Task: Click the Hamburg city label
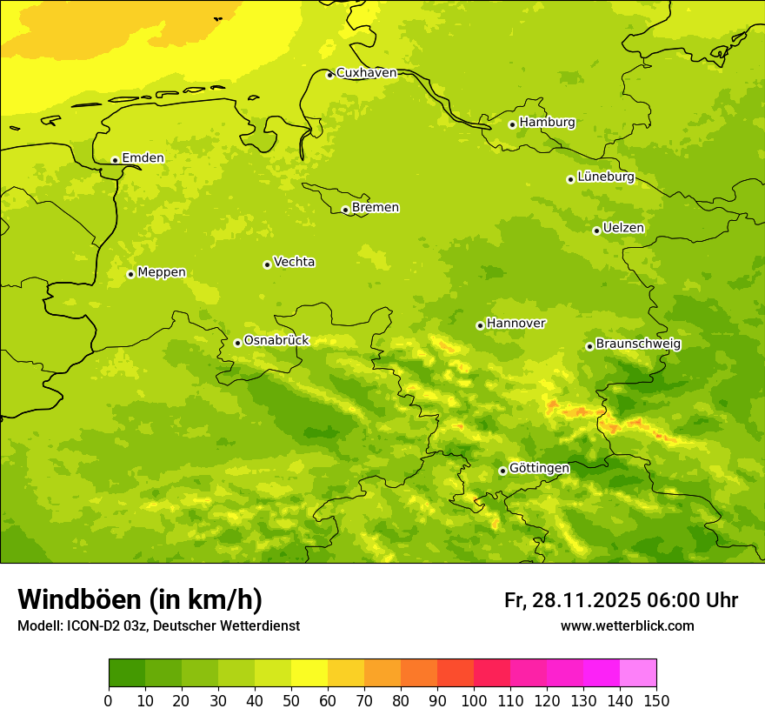point(547,123)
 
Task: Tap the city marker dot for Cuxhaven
point(329,75)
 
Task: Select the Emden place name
point(143,158)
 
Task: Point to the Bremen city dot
point(345,210)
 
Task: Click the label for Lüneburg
point(605,177)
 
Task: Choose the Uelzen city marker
point(596,231)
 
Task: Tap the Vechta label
point(294,262)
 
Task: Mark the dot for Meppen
point(130,274)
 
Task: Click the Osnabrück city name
point(276,341)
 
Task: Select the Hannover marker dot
point(480,325)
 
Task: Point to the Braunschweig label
point(638,344)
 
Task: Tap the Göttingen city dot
point(502,471)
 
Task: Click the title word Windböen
point(79,600)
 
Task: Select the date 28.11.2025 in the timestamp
point(584,600)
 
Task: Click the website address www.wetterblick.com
point(627,626)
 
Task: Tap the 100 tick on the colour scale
point(474,700)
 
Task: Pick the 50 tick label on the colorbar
point(291,700)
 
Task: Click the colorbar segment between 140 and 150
point(638,673)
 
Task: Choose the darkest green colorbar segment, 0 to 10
point(127,673)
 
